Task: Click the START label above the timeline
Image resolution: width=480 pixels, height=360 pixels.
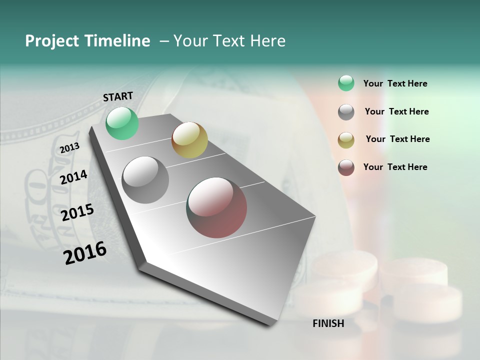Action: [x=118, y=96]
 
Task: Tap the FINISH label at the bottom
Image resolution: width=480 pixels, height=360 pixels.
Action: [x=328, y=323]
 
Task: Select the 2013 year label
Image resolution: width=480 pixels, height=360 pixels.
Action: [x=69, y=148]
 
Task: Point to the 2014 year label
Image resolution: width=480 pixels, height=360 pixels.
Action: [x=73, y=177]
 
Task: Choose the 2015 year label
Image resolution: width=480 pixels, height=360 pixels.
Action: [x=77, y=212]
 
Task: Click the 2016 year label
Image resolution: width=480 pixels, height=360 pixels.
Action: [x=85, y=252]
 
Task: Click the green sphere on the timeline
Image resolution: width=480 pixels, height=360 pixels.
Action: [x=122, y=123]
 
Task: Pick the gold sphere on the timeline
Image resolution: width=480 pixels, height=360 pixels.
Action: [x=189, y=140]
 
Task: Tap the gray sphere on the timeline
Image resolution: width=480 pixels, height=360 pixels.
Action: [x=145, y=180]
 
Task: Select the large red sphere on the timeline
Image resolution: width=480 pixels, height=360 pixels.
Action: [x=216, y=207]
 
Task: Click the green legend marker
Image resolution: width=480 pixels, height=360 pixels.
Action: [x=346, y=83]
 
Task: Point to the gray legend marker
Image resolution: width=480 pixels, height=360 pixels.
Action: [x=346, y=112]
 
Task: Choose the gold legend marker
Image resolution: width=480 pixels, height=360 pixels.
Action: [x=346, y=140]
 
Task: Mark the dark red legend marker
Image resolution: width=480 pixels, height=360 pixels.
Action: [x=346, y=167]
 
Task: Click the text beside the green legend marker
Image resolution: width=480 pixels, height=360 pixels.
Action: [x=395, y=84]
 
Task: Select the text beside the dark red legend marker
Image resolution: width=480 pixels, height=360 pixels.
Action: [x=395, y=167]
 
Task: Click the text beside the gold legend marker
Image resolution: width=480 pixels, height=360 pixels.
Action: [x=397, y=139]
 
